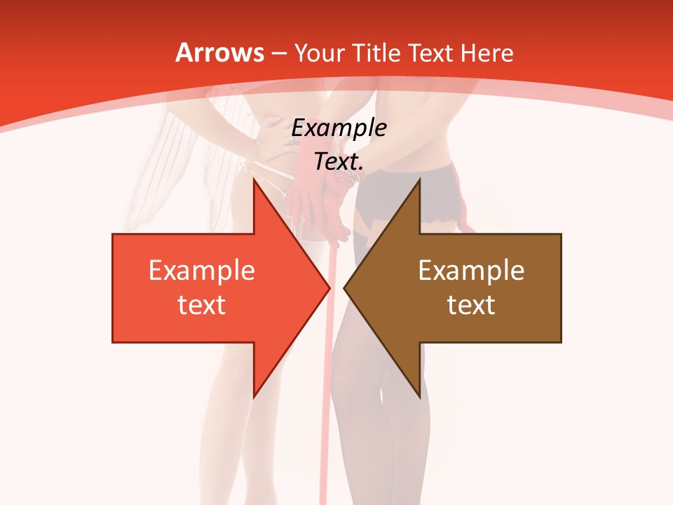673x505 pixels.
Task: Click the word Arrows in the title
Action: (219, 53)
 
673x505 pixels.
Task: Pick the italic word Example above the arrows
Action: (339, 128)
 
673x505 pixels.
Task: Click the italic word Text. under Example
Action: (339, 162)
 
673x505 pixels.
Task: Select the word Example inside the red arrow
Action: (201, 271)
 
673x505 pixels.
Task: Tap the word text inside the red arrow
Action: (201, 305)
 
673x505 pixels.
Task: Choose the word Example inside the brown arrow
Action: (471, 271)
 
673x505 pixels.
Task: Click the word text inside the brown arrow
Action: (471, 305)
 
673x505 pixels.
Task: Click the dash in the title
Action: (278, 53)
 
